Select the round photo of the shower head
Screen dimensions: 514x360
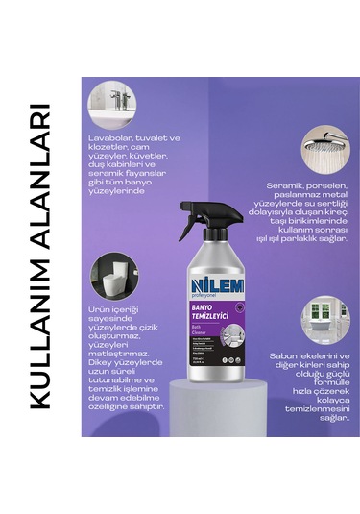pos(328,149)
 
